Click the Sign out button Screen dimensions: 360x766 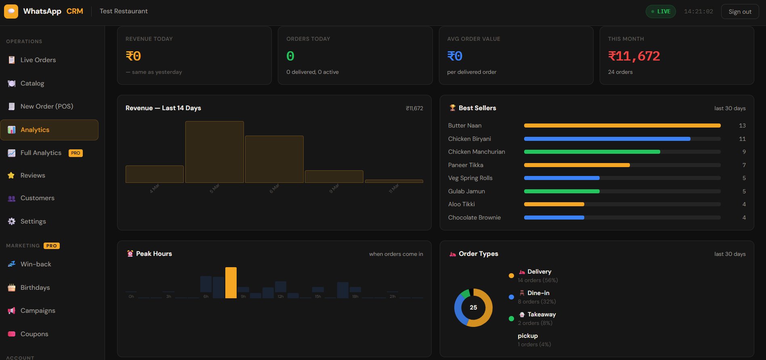740,12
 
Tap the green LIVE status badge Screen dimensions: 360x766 661,11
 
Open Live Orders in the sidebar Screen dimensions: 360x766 38,60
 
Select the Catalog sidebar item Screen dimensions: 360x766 32,84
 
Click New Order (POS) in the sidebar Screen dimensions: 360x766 46,107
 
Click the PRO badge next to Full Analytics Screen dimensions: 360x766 76,153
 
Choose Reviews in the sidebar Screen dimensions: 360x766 33,176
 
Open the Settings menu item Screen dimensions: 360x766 33,222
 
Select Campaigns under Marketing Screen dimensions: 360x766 38,311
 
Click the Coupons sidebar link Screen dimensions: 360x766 34,334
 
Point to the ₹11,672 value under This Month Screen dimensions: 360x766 634,56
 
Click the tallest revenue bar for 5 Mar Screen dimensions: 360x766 214,152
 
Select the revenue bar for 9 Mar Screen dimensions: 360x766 334,177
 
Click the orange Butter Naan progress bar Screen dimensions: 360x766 622,126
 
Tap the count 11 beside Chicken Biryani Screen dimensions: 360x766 742,139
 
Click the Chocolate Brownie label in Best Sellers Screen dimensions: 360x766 474,218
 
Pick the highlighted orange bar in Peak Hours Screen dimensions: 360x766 231,283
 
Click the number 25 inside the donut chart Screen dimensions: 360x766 473,308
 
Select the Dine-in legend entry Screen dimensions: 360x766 538,293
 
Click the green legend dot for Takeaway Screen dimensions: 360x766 511,318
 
